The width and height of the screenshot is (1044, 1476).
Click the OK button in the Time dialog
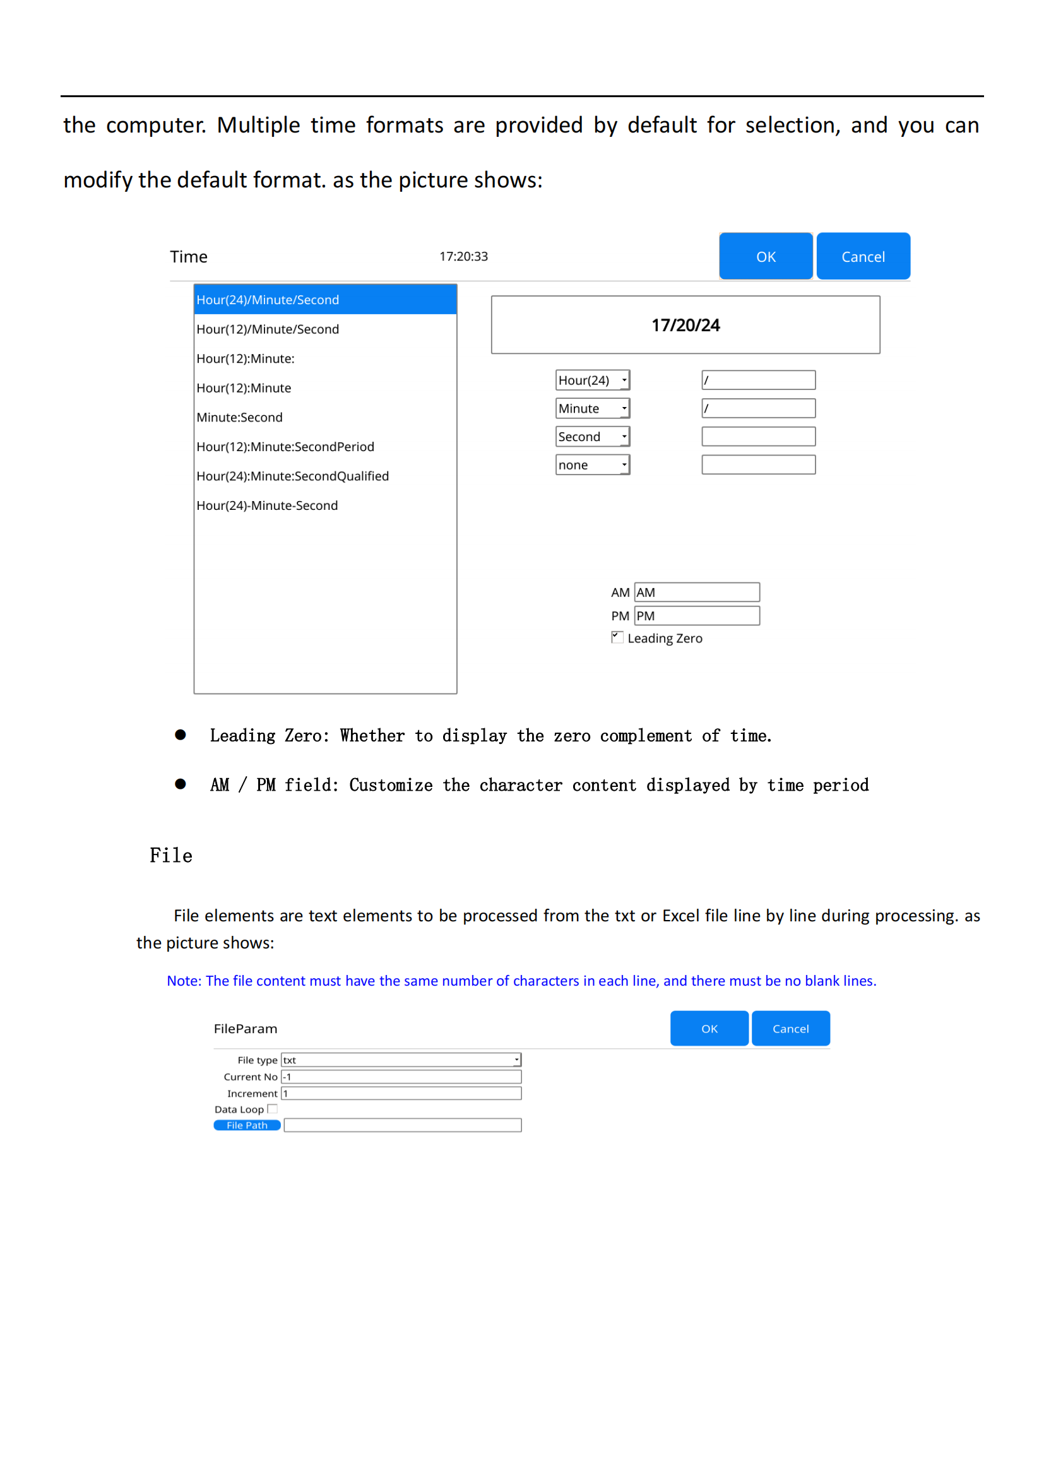[x=765, y=256]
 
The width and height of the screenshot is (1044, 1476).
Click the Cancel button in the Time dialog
[x=863, y=256]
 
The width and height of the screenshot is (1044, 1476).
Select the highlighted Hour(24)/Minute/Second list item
[x=324, y=300]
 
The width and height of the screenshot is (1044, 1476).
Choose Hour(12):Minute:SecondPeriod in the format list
[x=285, y=447]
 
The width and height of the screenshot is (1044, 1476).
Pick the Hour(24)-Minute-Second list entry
[x=268, y=505]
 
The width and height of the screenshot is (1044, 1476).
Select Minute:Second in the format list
[x=240, y=417]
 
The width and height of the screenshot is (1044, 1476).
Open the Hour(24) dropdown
[x=592, y=380]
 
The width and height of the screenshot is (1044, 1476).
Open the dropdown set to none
[x=592, y=465]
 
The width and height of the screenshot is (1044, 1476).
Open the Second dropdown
[x=592, y=437]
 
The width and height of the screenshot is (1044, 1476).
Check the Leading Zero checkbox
[x=617, y=637]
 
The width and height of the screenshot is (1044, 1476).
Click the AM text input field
[x=697, y=592]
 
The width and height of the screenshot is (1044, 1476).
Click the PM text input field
[x=697, y=616]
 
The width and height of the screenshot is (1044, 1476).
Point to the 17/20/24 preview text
[x=685, y=325]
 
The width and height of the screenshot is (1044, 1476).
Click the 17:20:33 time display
[x=463, y=256]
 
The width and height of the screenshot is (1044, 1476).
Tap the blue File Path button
[x=247, y=1125]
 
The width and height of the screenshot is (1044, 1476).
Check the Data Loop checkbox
[x=273, y=1109]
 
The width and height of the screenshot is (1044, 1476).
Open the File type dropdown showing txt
[x=401, y=1060]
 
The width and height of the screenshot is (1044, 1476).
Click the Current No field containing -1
[x=401, y=1077]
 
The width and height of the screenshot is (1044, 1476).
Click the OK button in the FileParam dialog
[x=709, y=1029]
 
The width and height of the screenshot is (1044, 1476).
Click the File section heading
[x=171, y=856]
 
